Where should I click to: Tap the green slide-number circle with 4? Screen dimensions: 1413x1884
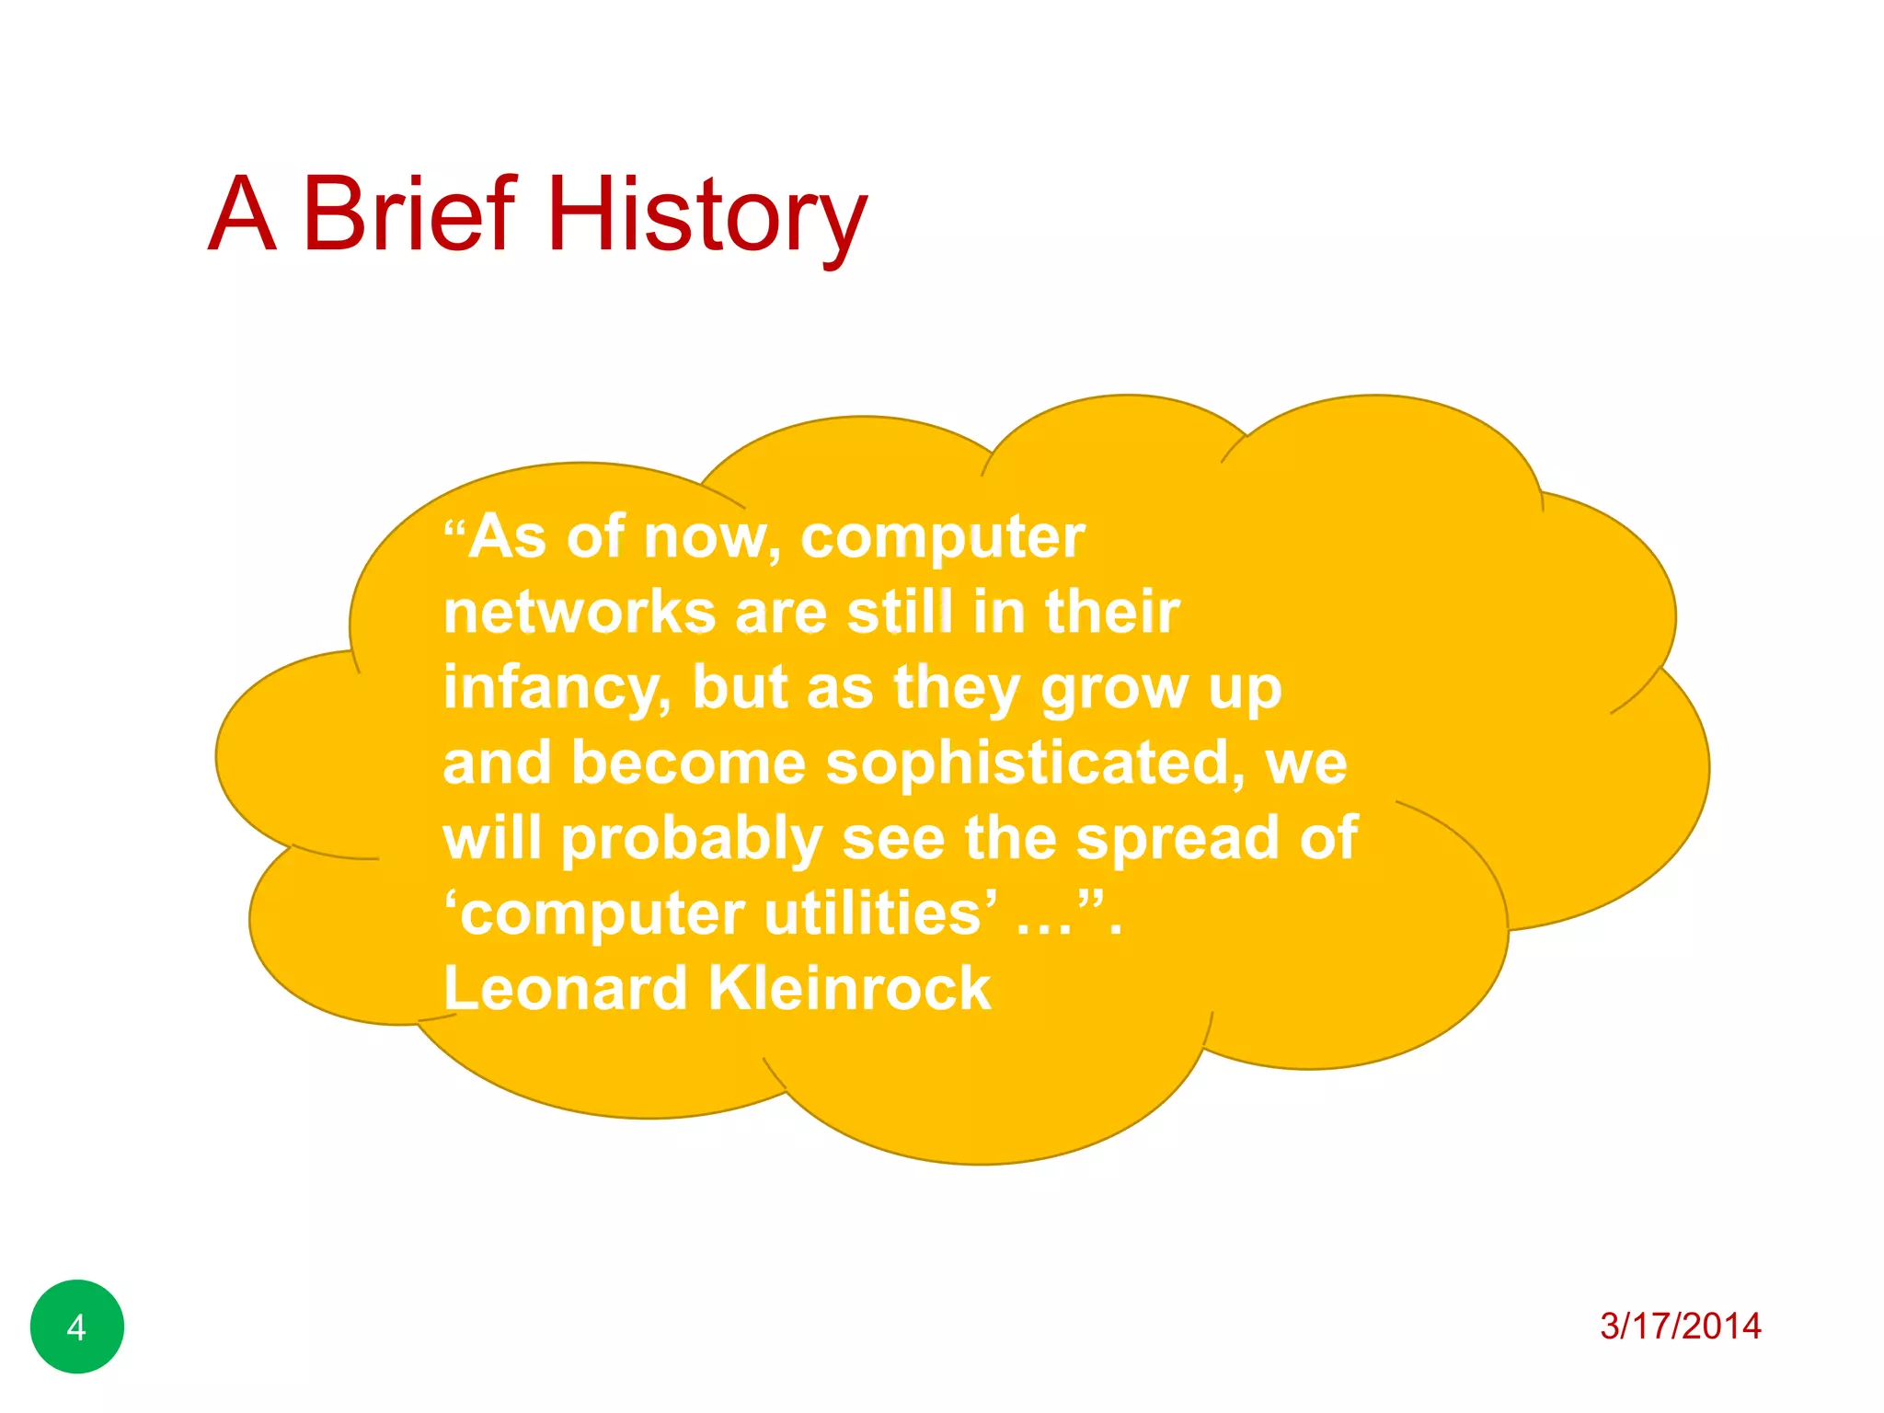(x=77, y=1327)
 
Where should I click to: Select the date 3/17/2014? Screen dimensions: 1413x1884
(x=1680, y=1326)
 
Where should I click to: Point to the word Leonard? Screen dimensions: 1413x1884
(x=565, y=989)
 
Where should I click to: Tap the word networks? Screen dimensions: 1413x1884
(x=580, y=613)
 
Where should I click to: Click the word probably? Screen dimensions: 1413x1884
(x=692, y=839)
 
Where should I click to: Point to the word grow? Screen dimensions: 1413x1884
(x=1114, y=688)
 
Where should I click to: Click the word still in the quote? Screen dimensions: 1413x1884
(x=899, y=613)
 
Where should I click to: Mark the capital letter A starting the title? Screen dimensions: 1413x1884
(x=242, y=216)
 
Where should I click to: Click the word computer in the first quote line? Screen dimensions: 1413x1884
(x=942, y=538)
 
